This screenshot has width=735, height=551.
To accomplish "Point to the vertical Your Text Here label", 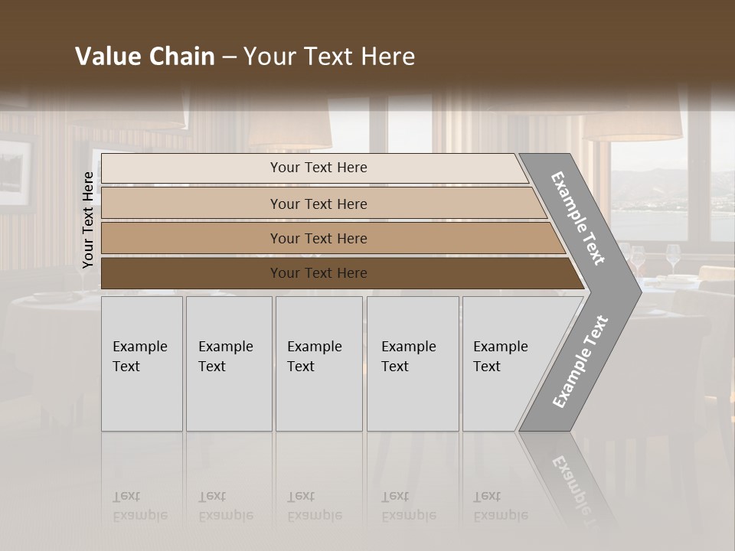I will (x=88, y=220).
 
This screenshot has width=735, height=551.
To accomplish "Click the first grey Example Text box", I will (x=142, y=364).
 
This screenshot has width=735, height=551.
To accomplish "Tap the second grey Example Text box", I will (x=229, y=364).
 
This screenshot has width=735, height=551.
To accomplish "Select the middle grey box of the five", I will (x=318, y=364).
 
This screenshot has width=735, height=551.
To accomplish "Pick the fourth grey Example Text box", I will (x=413, y=364).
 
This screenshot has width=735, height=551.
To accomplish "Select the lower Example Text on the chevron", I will (x=580, y=362).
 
